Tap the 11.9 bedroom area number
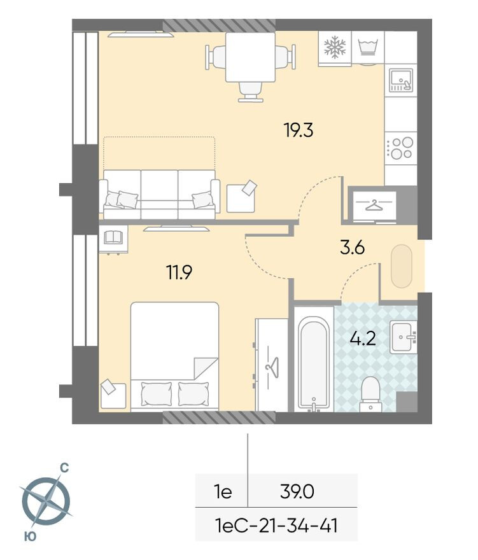pyautogui.click(x=179, y=273)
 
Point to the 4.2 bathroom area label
pyautogui.click(x=363, y=337)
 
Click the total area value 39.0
pyautogui.click(x=298, y=491)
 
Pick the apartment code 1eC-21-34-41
pyautogui.click(x=276, y=526)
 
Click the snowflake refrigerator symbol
pyautogui.click(x=335, y=46)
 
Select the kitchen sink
pyautogui.click(x=401, y=80)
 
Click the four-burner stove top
pyautogui.click(x=401, y=148)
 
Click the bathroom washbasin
pyautogui.click(x=404, y=335)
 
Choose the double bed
pyautogui.click(x=174, y=356)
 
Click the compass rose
pyautogui.click(x=45, y=500)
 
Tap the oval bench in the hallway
pyautogui.click(x=402, y=265)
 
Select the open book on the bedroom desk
pyautogui.click(x=113, y=237)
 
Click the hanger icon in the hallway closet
pyautogui.click(x=374, y=205)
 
